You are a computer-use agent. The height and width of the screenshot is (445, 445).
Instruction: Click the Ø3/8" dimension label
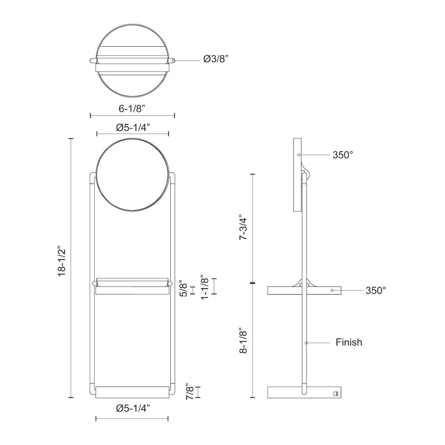point(216,59)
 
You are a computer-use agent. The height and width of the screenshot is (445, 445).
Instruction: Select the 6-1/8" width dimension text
point(132,108)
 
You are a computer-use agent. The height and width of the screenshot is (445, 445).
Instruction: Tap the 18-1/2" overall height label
point(62,261)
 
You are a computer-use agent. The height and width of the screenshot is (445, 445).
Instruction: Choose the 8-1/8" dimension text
point(243,342)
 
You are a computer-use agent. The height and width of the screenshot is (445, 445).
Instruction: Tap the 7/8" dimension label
point(190,393)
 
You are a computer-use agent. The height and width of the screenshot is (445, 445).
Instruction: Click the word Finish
point(349,342)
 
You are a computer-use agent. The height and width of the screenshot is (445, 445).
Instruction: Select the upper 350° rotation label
point(343,155)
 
